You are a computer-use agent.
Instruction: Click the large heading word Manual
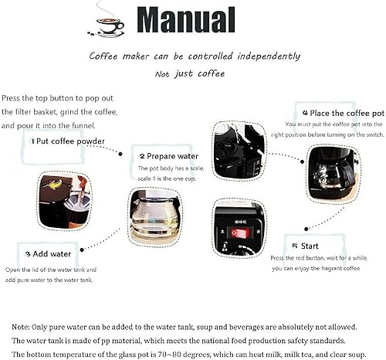point(186,20)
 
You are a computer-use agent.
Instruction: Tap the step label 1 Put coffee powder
point(68,141)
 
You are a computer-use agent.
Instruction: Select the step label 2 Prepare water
point(169,156)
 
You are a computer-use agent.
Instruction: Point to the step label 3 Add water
point(48,254)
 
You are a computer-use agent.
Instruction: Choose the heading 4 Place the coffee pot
point(344,113)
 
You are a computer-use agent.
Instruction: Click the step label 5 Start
point(306,246)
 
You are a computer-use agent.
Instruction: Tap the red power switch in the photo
point(240,233)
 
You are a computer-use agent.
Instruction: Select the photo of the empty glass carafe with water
point(155,217)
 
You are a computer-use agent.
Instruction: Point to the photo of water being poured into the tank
point(239,151)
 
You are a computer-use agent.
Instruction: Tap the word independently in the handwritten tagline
point(269,56)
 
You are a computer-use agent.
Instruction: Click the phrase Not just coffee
point(190,73)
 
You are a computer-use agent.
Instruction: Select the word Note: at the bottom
point(21,327)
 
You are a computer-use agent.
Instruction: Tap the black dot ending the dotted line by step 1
point(120,154)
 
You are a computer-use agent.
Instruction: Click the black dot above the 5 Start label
point(306,229)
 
